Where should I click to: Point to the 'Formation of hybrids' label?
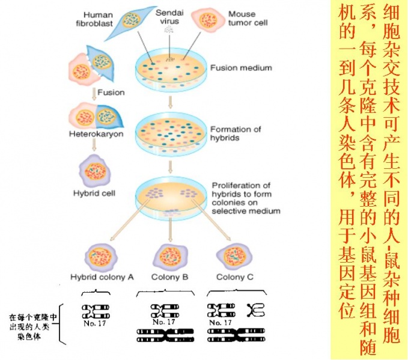click(x=236, y=133)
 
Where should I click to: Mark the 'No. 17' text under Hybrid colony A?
click(x=95, y=322)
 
